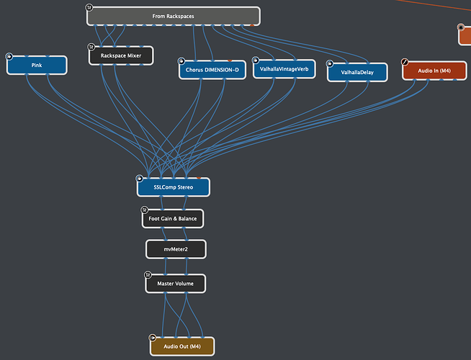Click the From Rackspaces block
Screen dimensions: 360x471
[x=174, y=16]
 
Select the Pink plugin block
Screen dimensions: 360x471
[x=37, y=66]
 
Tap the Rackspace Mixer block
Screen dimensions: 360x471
[x=121, y=55]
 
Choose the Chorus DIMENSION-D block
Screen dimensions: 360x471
[x=212, y=70]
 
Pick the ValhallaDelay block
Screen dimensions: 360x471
[x=356, y=72]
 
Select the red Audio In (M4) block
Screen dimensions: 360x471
[x=434, y=71]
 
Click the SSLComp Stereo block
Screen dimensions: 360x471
[x=174, y=187]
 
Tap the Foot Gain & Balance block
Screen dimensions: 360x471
[x=173, y=218]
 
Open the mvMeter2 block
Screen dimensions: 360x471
[x=176, y=249]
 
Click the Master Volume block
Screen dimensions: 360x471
[x=176, y=284]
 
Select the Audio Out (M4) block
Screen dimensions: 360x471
[x=181, y=346]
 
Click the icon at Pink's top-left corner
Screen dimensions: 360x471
[x=10, y=56]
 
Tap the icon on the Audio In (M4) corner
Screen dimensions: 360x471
[x=405, y=62]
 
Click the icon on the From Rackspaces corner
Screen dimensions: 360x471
[x=89, y=8]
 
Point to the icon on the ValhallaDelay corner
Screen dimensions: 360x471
[x=330, y=63]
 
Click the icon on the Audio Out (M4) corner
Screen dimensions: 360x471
[x=153, y=338]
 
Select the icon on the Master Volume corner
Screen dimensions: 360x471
[x=148, y=275]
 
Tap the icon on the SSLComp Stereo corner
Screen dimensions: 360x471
[x=140, y=179]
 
